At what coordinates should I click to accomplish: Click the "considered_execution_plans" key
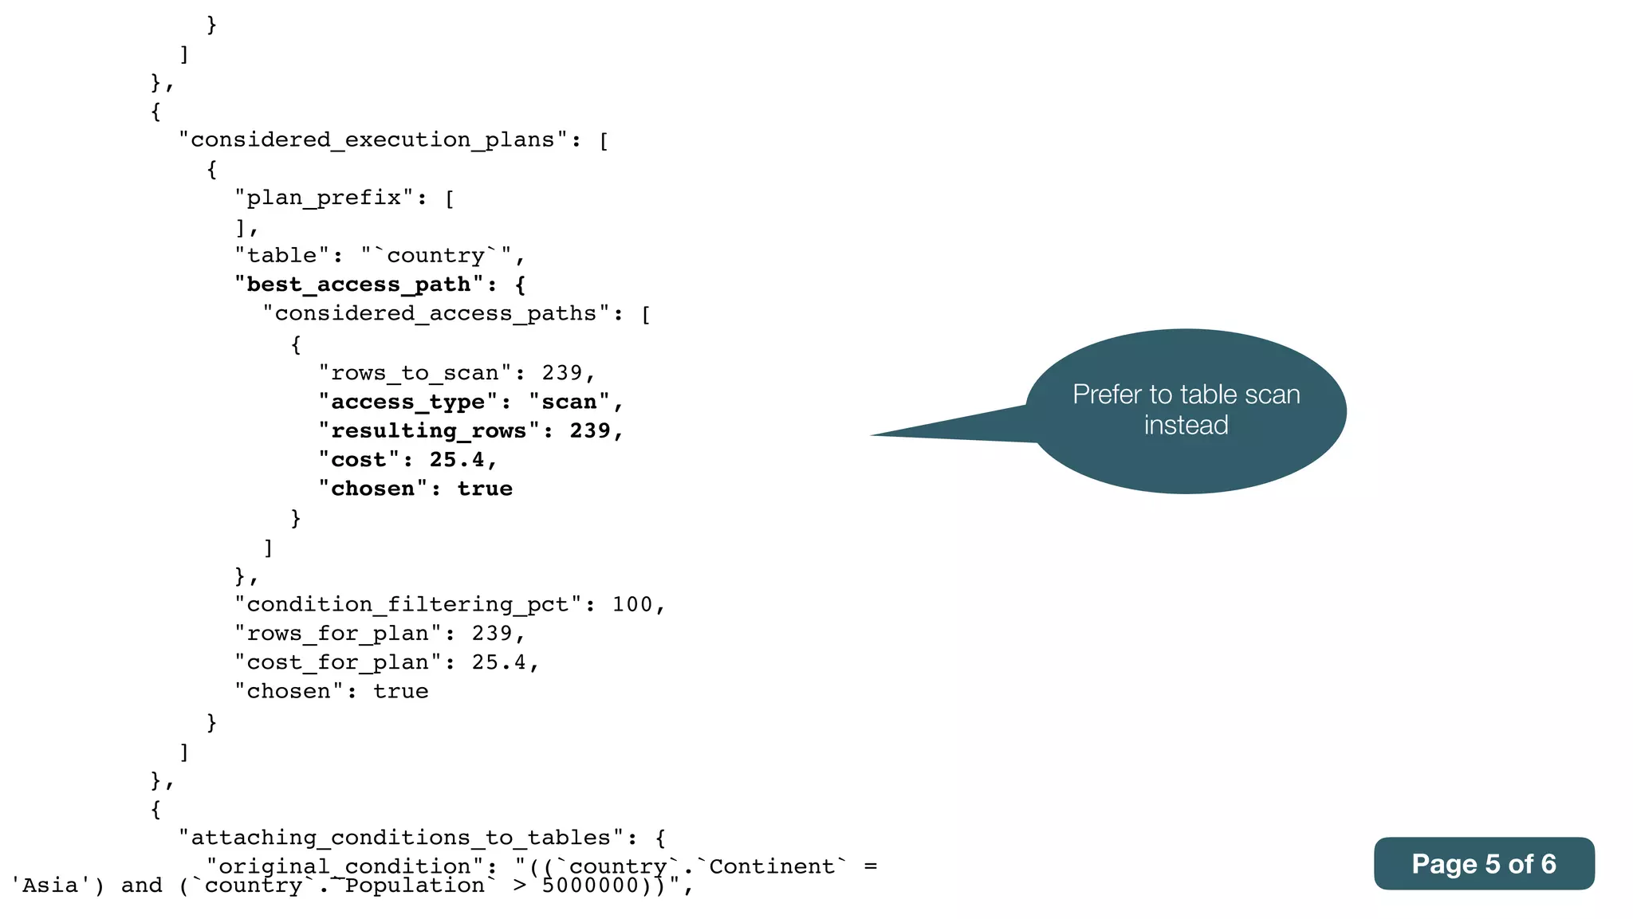coord(372,140)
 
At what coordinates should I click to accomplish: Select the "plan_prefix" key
coord(324,198)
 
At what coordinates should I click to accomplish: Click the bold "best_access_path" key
coord(359,285)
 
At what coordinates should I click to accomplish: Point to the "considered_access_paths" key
coord(435,314)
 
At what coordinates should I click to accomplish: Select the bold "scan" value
coord(569,402)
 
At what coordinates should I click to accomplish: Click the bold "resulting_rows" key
coord(428,431)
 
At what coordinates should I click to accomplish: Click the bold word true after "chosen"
coord(485,489)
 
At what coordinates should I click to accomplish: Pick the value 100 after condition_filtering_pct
coord(632,605)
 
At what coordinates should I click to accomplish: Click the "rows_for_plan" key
coord(337,634)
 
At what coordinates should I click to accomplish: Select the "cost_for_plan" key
coord(337,662)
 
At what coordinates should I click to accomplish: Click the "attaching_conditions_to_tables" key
coord(400,838)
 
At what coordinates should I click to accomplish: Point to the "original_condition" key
coord(344,866)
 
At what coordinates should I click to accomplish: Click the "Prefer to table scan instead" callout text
coord(1186,410)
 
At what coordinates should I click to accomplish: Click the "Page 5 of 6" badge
coord(1483,864)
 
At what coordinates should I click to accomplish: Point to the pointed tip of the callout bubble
coord(874,434)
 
